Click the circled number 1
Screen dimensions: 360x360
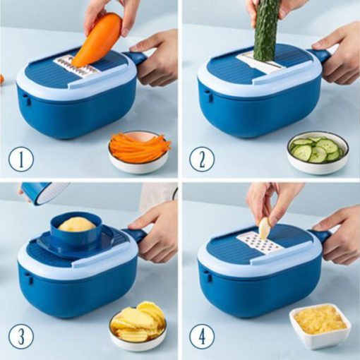[21, 159]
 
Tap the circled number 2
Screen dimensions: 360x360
[202, 159]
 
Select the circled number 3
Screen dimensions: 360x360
[21, 337]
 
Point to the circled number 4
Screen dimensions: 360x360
[202, 337]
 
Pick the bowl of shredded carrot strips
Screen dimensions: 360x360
[140, 150]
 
